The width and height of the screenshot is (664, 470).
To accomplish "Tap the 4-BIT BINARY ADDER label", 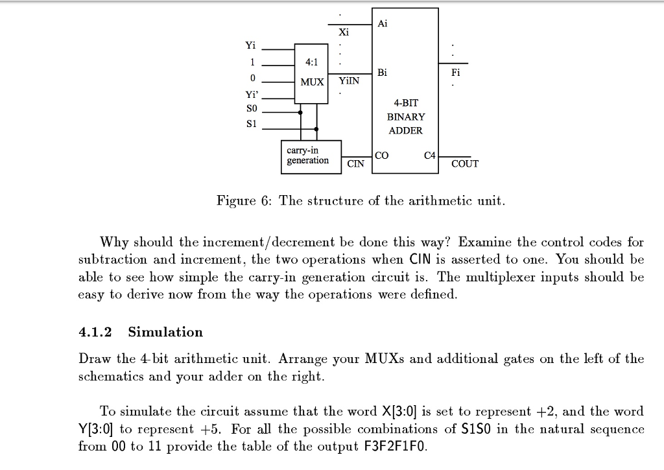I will [406, 117].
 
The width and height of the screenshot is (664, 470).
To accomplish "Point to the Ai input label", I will [382, 23].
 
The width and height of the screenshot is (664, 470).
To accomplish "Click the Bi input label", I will [382, 72].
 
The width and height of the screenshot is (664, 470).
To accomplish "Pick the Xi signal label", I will [344, 32].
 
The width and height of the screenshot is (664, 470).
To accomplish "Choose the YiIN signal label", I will [349, 81].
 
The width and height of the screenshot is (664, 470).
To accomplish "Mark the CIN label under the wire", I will [355, 164].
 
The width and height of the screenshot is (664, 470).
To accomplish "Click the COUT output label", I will [465, 164].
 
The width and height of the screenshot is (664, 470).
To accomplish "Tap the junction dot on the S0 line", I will [301, 112].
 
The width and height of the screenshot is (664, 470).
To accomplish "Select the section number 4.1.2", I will [95, 333].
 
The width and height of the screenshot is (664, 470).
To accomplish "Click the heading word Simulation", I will [165, 333].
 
